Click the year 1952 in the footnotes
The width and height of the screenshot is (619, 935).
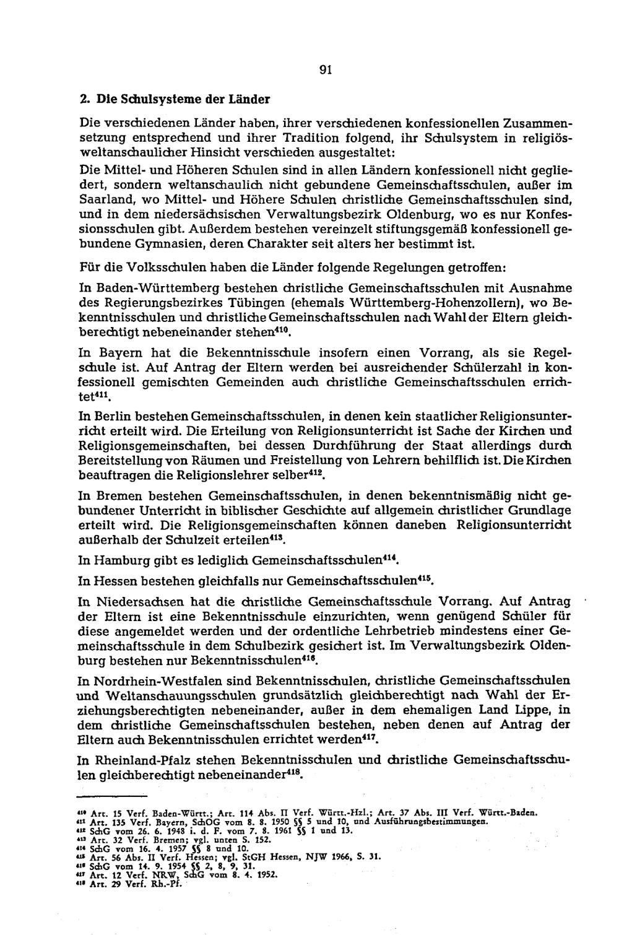click(x=267, y=875)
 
